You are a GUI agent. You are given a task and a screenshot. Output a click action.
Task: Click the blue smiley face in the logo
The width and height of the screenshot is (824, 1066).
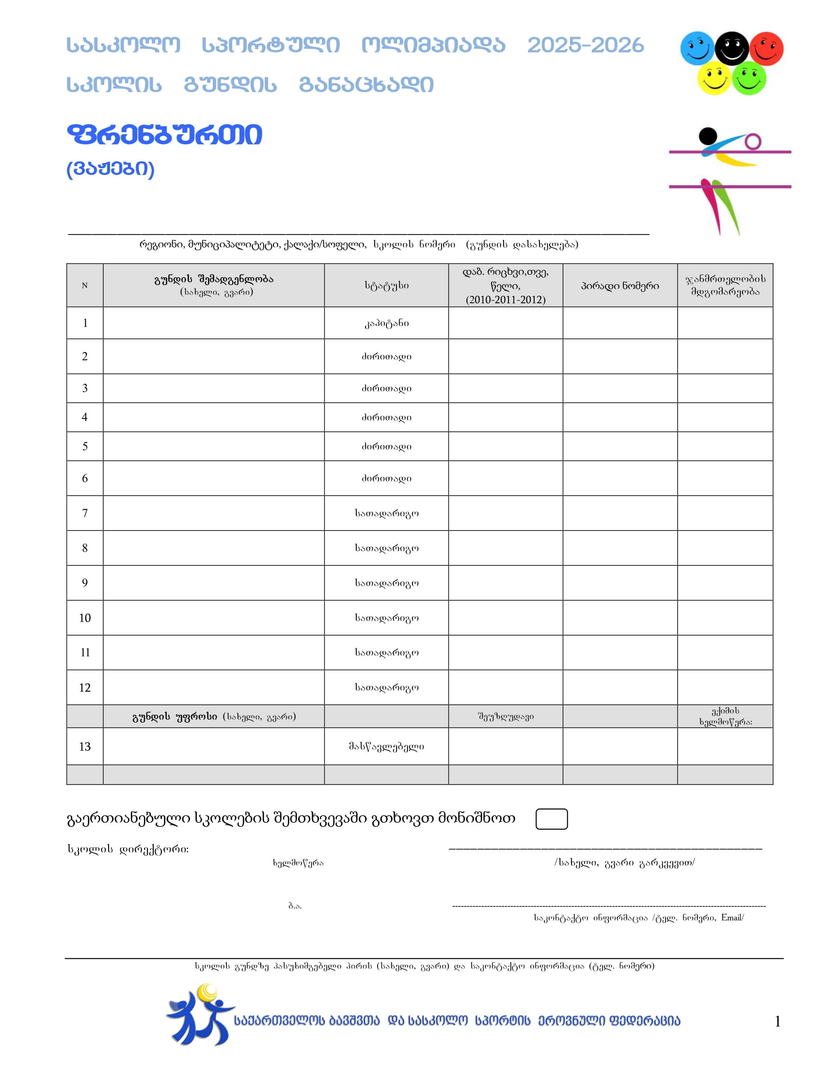tap(697, 48)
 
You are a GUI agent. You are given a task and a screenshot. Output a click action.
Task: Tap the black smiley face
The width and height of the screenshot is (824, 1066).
tap(731, 48)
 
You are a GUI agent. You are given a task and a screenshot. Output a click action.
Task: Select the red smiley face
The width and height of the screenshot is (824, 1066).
tap(766, 48)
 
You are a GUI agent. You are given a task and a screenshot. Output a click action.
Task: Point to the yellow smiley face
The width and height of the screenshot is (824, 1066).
tap(713, 78)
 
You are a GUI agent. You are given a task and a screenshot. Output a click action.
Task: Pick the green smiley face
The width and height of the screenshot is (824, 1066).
tap(749, 78)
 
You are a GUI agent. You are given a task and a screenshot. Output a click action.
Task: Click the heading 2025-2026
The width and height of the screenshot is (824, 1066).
tap(585, 46)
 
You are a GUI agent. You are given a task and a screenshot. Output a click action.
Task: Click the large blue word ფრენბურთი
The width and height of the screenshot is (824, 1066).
tap(164, 135)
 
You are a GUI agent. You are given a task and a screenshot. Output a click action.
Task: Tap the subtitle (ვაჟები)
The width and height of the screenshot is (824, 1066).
tap(111, 169)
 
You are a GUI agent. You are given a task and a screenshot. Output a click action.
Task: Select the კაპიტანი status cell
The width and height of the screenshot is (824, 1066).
tap(386, 323)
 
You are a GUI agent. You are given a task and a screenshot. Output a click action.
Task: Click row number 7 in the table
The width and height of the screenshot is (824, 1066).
tap(85, 513)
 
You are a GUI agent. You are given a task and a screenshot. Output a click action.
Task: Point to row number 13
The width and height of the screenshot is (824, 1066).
tap(85, 746)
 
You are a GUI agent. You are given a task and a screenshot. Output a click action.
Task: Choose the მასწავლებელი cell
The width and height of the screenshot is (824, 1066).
tap(386, 746)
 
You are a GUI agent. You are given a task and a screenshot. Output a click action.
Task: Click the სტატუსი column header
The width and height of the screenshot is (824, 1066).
tap(386, 285)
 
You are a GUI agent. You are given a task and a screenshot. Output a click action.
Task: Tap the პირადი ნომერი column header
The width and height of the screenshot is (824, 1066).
tap(619, 285)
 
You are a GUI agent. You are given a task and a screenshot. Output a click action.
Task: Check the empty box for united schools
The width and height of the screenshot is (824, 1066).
tap(551, 818)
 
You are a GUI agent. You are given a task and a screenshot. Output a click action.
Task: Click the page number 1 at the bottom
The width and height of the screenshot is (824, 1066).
tap(777, 1021)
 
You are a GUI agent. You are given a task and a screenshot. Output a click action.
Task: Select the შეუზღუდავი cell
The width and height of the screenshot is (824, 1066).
tap(505, 717)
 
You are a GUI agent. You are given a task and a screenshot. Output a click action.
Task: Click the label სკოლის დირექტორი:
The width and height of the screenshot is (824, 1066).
tap(128, 849)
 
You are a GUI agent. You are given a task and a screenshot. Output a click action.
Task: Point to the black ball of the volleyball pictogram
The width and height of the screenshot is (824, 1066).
tap(707, 135)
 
